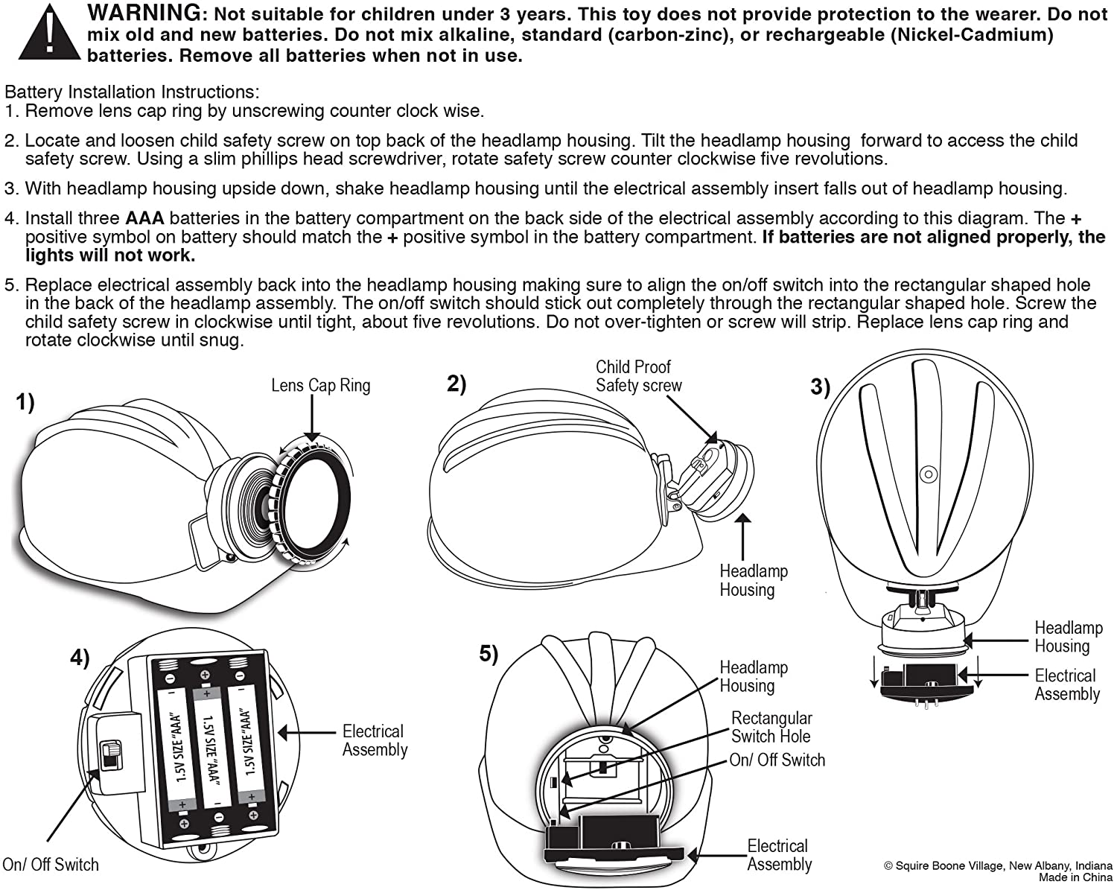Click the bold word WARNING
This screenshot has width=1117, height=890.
[x=144, y=13]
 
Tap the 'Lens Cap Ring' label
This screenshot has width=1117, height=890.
[x=320, y=385]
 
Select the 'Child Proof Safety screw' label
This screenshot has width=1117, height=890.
[x=638, y=376]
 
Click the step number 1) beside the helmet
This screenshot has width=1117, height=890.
[x=25, y=403]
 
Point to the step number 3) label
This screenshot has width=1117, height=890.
[x=820, y=387]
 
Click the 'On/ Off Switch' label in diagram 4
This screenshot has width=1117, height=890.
[x=51, y=865]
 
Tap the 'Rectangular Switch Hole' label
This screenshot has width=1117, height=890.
[x=771, y=727]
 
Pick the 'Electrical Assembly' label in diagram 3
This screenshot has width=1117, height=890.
[x=1066, y=684]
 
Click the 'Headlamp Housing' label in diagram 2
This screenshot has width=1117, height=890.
[x=753, y=580]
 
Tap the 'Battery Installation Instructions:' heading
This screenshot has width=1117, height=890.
[x=132, y=92]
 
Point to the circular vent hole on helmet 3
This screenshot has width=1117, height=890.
[x=927, y=474]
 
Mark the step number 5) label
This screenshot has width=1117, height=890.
[x=489, y=654]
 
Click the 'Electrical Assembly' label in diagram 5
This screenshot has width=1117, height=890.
[x=779, y=855]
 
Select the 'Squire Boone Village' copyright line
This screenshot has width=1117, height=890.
[x=998, y=865]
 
